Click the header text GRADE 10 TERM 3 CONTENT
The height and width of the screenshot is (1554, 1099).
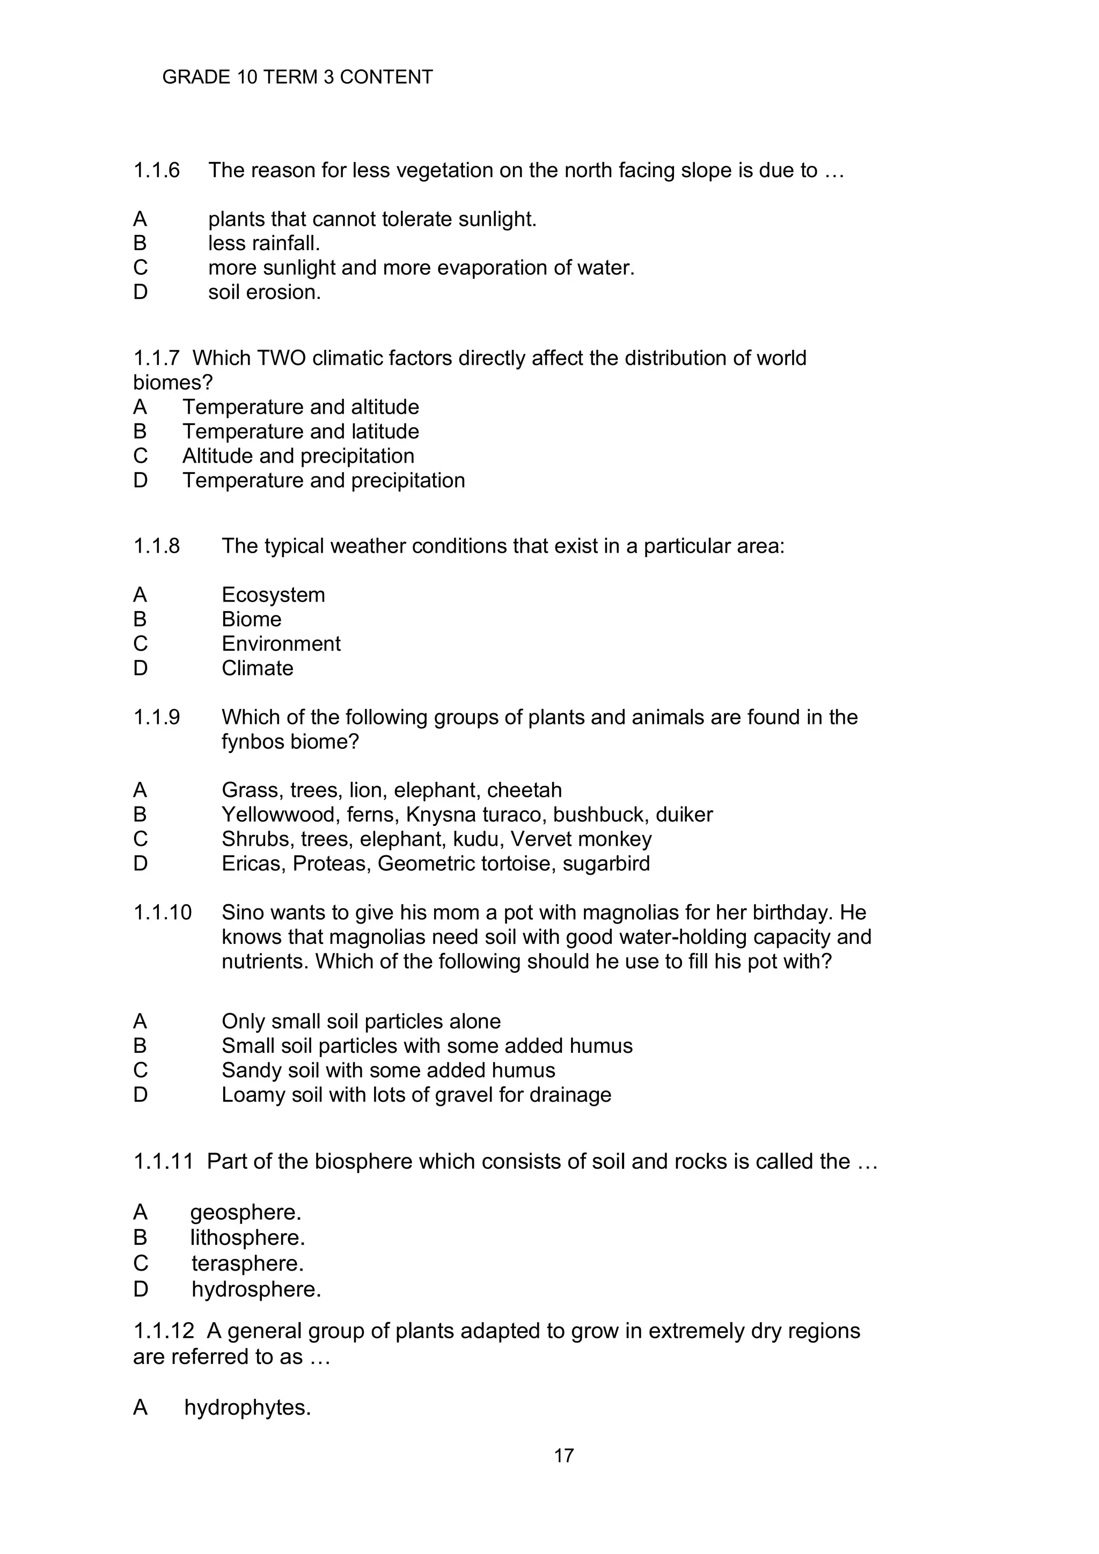click(x=297, y=77)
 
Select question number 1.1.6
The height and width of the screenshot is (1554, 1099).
click(x=156, y=171)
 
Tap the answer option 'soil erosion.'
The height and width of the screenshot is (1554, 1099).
click(x=264, y=292)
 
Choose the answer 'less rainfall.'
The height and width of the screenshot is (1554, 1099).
click(x=264, y=243)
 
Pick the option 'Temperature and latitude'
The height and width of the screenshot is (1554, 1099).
click(x=301, y=432)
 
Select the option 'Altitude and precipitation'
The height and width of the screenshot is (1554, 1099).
click(x=298, y=456)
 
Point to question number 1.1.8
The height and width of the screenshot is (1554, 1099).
click(x=156, y=546)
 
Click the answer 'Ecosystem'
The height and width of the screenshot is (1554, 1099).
click(x=273, y=595)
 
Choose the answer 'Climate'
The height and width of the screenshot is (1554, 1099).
click(x=257, y=669)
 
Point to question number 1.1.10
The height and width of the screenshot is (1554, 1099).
click(x=163, y=913)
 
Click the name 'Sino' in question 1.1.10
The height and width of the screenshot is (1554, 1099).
click(x=242, y=913)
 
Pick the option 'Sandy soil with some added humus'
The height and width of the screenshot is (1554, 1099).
click(x=388, y=1071)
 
